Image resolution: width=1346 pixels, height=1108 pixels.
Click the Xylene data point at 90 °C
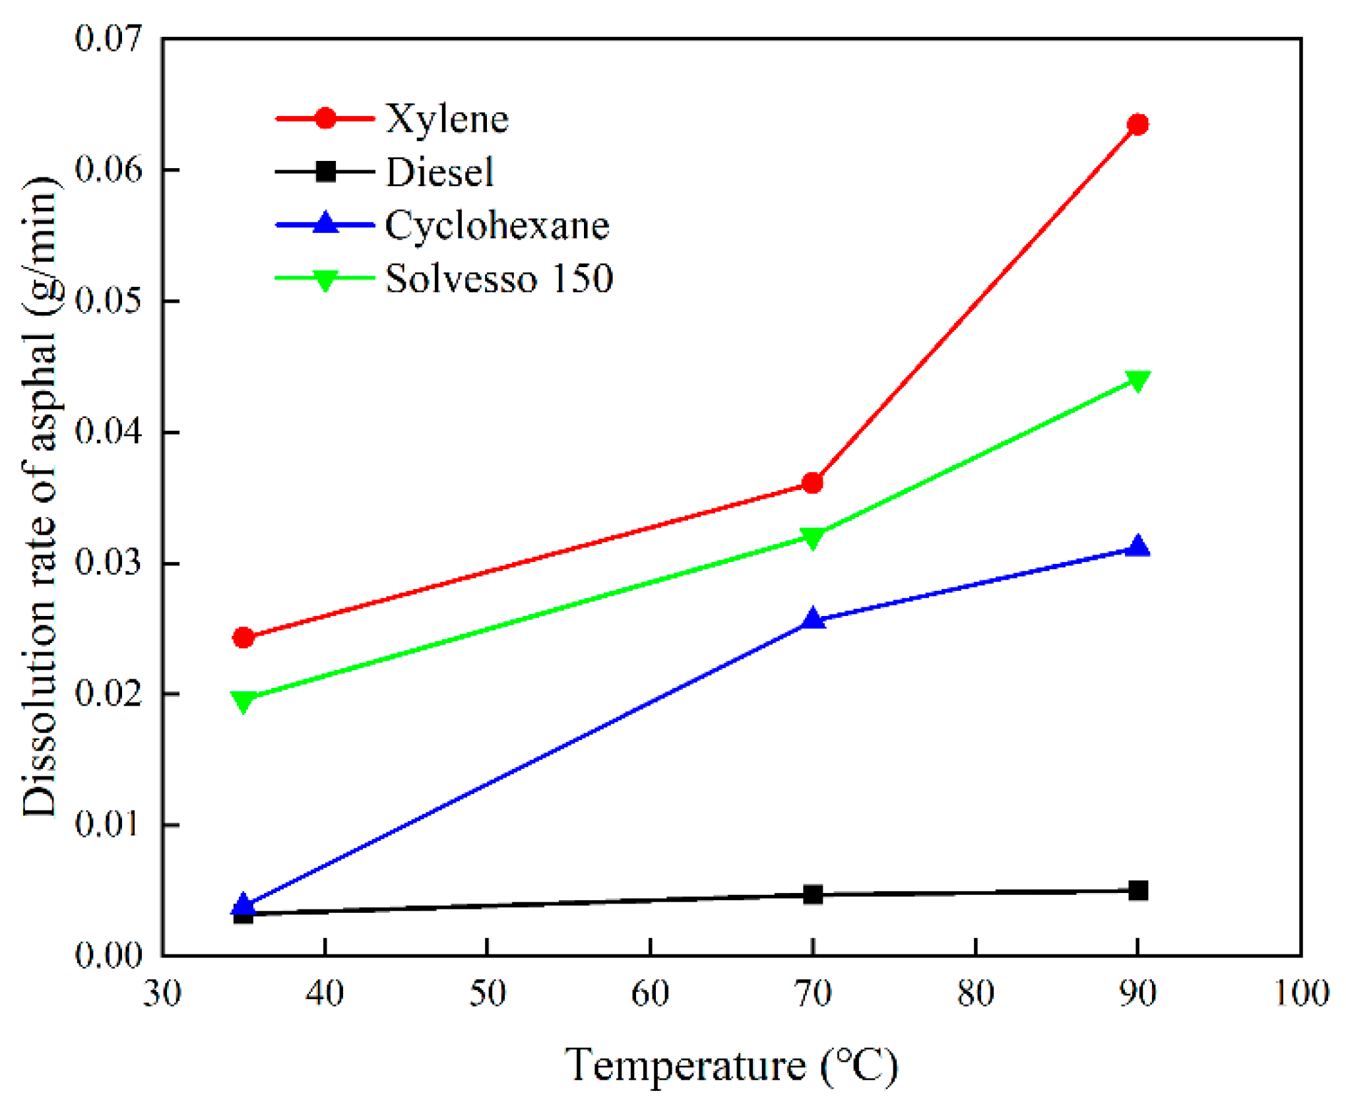(1138, 124)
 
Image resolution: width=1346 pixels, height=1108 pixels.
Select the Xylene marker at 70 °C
(813, 483)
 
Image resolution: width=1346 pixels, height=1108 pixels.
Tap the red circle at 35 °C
(243, 637)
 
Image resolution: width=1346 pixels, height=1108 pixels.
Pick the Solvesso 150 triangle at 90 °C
(1138, 380)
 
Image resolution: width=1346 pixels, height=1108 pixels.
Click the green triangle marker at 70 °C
(813, 537)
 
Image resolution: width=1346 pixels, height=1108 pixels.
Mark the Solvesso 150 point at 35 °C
(243, 700)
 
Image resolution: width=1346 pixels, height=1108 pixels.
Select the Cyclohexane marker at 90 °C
(1138, 547)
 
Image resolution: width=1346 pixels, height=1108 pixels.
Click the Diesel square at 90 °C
(1138, 890)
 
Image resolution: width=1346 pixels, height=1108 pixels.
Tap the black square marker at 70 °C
(813, 894)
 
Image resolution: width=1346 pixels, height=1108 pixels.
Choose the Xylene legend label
(447, 119)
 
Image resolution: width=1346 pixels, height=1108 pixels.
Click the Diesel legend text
(439, 172)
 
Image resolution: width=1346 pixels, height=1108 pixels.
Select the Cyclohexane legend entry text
(497, 226)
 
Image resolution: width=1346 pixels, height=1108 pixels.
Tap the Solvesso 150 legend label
(499, 278)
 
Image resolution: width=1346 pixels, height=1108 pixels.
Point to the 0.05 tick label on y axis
(108, 301)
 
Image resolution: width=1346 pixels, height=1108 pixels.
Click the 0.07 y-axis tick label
(108, 38)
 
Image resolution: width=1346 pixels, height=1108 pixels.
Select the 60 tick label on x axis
(650, 993)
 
